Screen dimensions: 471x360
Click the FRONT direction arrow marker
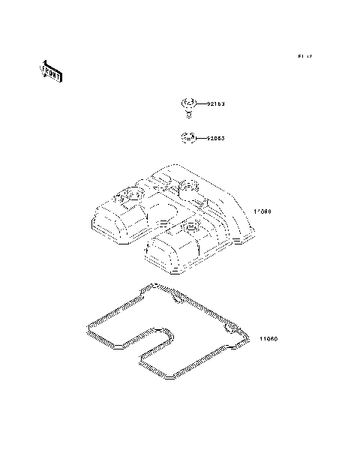click(50, 73)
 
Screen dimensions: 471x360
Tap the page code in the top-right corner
click(304, 57)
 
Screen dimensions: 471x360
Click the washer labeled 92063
click(188, 138)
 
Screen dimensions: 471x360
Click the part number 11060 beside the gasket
click(268, 338)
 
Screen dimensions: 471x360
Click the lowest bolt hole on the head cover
click(190, 225)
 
